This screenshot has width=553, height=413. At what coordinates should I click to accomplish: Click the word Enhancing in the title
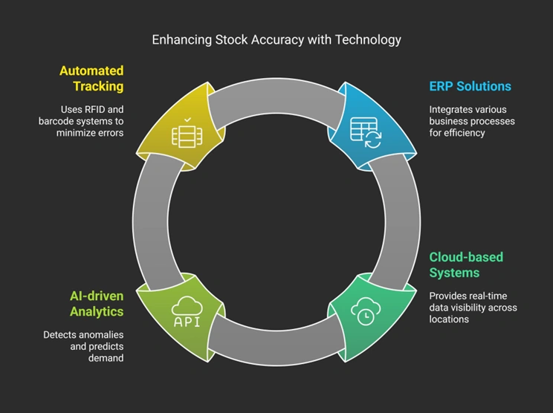(x=182, y=40)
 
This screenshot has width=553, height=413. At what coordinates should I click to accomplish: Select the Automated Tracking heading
(x=91, y=78)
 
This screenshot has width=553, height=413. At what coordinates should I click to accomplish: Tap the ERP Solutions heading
(x=470, y=86)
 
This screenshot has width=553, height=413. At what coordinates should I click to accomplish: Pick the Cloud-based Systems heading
(x=466, y=265)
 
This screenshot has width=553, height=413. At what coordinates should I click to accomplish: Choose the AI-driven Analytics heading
(x=97, y=303)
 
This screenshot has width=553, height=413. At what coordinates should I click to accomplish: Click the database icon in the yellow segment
(x=187, y=137)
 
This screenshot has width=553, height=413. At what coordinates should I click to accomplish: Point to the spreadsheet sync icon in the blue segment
(x=366, y=132)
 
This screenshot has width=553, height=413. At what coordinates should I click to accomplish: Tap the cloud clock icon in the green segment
(x=366, y=310)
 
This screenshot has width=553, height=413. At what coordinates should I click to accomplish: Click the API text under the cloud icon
(x=187, y=322)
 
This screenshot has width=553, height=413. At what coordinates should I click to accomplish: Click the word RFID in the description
(x=94, y=110)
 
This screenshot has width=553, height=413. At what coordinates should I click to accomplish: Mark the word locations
(x=449, y=319)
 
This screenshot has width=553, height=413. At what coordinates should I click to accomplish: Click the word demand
(x=106, y=358)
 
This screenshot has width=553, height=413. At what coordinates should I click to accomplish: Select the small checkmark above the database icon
(x=187, y=120)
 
